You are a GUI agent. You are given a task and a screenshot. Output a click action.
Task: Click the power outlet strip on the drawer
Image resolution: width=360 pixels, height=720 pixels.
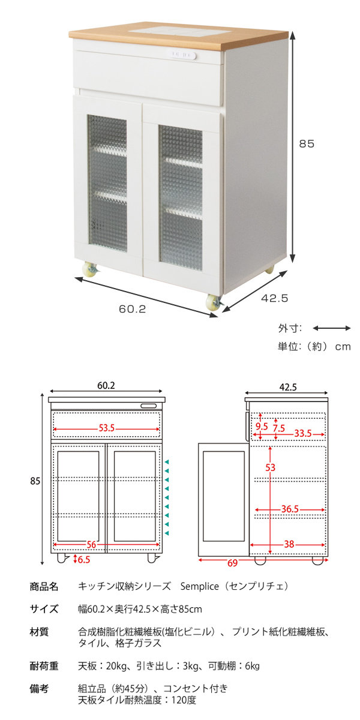pos(181,55)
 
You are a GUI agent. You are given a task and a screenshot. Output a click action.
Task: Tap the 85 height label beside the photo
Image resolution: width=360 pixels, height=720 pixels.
pos(307,144)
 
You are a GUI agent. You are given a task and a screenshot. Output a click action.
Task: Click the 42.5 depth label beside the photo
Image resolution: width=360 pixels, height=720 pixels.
pos(276,297)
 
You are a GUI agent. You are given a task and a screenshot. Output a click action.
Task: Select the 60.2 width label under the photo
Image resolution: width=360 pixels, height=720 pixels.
pos(133,310)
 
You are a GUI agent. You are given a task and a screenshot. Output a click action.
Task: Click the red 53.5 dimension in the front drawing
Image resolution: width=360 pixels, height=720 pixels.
pos(107,428)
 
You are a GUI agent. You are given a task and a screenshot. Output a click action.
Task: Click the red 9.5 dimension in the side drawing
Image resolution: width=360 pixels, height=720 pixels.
pos(262,427)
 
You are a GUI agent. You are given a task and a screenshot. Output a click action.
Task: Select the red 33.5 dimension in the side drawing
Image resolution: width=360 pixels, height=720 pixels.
pos(302,432)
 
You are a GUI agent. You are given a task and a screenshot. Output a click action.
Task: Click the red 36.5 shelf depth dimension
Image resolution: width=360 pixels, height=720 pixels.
pos(290,509)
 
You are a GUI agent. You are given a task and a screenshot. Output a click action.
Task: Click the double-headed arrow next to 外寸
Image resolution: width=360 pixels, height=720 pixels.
pos(331,328)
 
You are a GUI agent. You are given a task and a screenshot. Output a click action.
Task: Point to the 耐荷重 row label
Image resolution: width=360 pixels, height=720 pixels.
pos(44,666)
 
